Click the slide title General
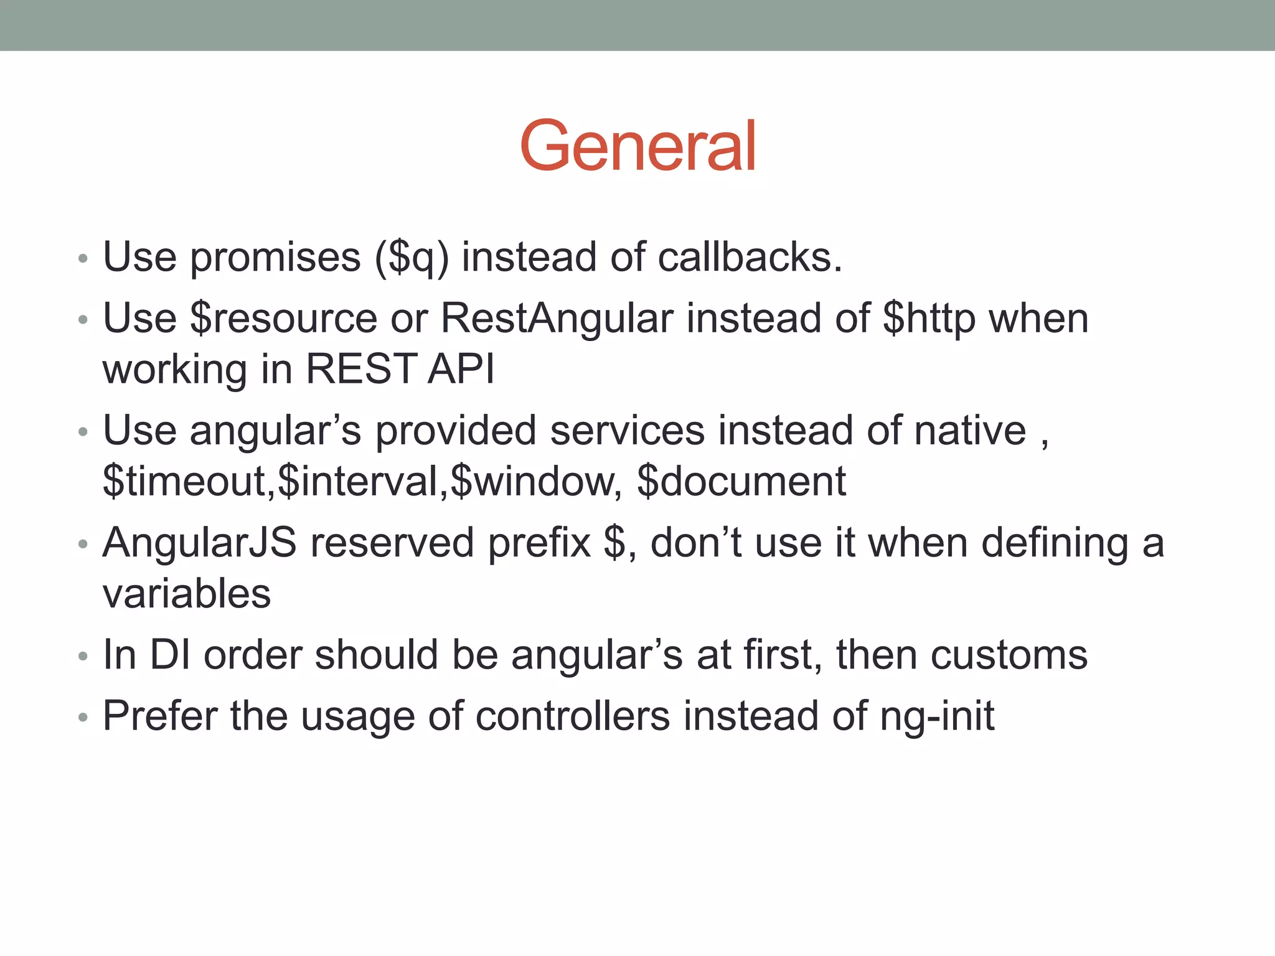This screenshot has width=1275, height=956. pyautogui.click(x=637, y=146)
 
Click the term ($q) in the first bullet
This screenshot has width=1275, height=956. pyautogui.click(x=412, y=258)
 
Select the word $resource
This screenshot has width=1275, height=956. pyautogui.click(x=283, y=319)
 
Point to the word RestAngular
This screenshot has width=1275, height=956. pyautogui.click(x=557, y=319)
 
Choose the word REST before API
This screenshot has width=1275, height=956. pyautogui.click(x=361, y=369)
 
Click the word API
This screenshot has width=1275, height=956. pyautogui.click(x=461, y=369)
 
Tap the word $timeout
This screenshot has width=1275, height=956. pyautogui.click(x=184, y=481)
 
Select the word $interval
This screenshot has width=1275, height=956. pyautogui.click(x=358, y=481)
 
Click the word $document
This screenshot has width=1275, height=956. pyautogui.click(x=741, y=481)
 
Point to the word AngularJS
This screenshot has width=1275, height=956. pyautogui.click(x=199, y=543)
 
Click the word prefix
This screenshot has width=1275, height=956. pyautogui.click(x=539, y=543)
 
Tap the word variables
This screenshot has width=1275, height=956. pyautogui.click(x=187, y=594)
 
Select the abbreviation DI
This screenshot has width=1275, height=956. pyautogui.click(x=170, y=655)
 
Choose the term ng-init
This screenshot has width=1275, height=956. pyautogui.click(x=937, y=717)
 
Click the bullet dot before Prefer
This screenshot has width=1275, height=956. pyautogui.click(x=83, y=718)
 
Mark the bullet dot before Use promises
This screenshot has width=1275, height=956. pyautogui.click(x=83, y=258)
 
